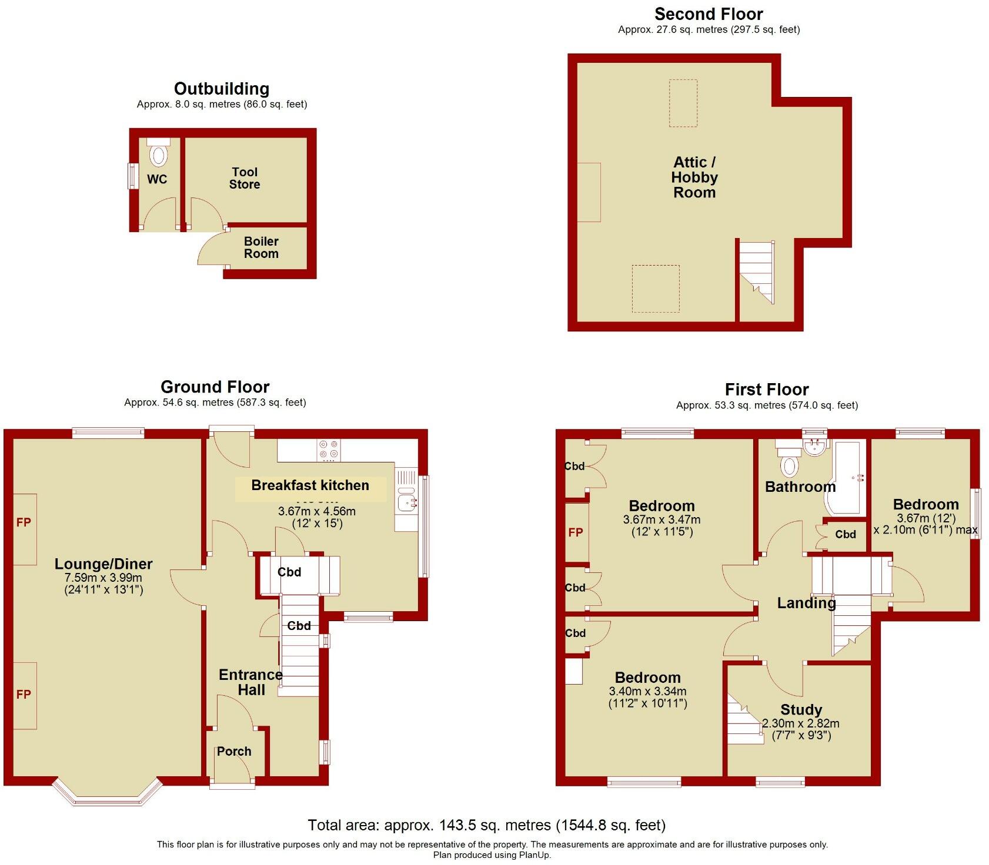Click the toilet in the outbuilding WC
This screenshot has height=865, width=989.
tap(158, 155)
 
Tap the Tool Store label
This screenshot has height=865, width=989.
tap(245, 178)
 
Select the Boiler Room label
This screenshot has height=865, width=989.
tap(261, 247)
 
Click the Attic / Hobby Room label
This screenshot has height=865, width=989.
tap(694, 177)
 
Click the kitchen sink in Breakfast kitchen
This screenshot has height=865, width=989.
tap(405, 501)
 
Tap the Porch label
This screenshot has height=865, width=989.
tap(234, 751)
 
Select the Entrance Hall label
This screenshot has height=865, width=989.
tap(250, 682)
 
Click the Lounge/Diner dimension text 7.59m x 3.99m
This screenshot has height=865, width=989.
tap(103, 578)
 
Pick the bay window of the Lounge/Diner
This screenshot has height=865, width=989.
tap(107, 796)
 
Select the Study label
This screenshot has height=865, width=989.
tap(801, 709)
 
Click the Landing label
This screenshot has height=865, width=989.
tap(806, 603)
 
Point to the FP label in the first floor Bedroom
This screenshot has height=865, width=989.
tap(575, 532)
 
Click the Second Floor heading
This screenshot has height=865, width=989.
tap(709, 14)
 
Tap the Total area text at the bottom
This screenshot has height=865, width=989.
tap(486, 825)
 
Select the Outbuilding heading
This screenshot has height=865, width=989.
tap(222, 89)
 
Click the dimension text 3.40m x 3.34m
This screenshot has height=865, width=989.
tap(647, 691)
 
